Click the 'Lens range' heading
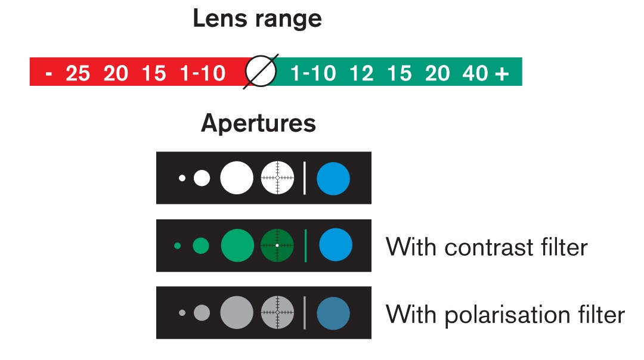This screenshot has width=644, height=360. click(x=257, y=19)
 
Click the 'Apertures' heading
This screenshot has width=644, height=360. click(x=258, y=123)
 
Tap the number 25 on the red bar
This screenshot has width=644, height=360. click(x=78, y=73)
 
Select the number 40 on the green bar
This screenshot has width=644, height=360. click(x=475, y=73)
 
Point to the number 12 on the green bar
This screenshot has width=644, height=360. click(x=361, y=73)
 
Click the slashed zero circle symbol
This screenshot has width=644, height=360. click(x=261, y=72)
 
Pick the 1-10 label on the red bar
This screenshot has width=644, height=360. click(x=203, y=73)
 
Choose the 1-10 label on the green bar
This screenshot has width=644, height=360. click(x=313, y=73)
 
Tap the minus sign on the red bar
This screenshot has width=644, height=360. click(x=49, y=75)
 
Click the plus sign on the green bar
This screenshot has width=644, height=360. click(x=502, y=74)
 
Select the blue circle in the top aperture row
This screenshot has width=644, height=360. click(x=333, y=179)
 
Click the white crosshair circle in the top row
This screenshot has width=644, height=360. click(x=278, y=178)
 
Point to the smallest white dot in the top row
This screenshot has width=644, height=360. click(x=182, y=178)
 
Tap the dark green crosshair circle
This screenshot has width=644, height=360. click(x=277, y=246)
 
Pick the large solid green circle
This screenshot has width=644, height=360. click(x=237, y=246)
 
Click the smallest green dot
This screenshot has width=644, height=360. click(x=178, y=246)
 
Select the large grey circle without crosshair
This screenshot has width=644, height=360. click(x=237, y=313)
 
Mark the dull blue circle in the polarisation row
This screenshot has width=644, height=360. click(x=333, y=313)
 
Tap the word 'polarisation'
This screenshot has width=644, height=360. click(x=507, y=315)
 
